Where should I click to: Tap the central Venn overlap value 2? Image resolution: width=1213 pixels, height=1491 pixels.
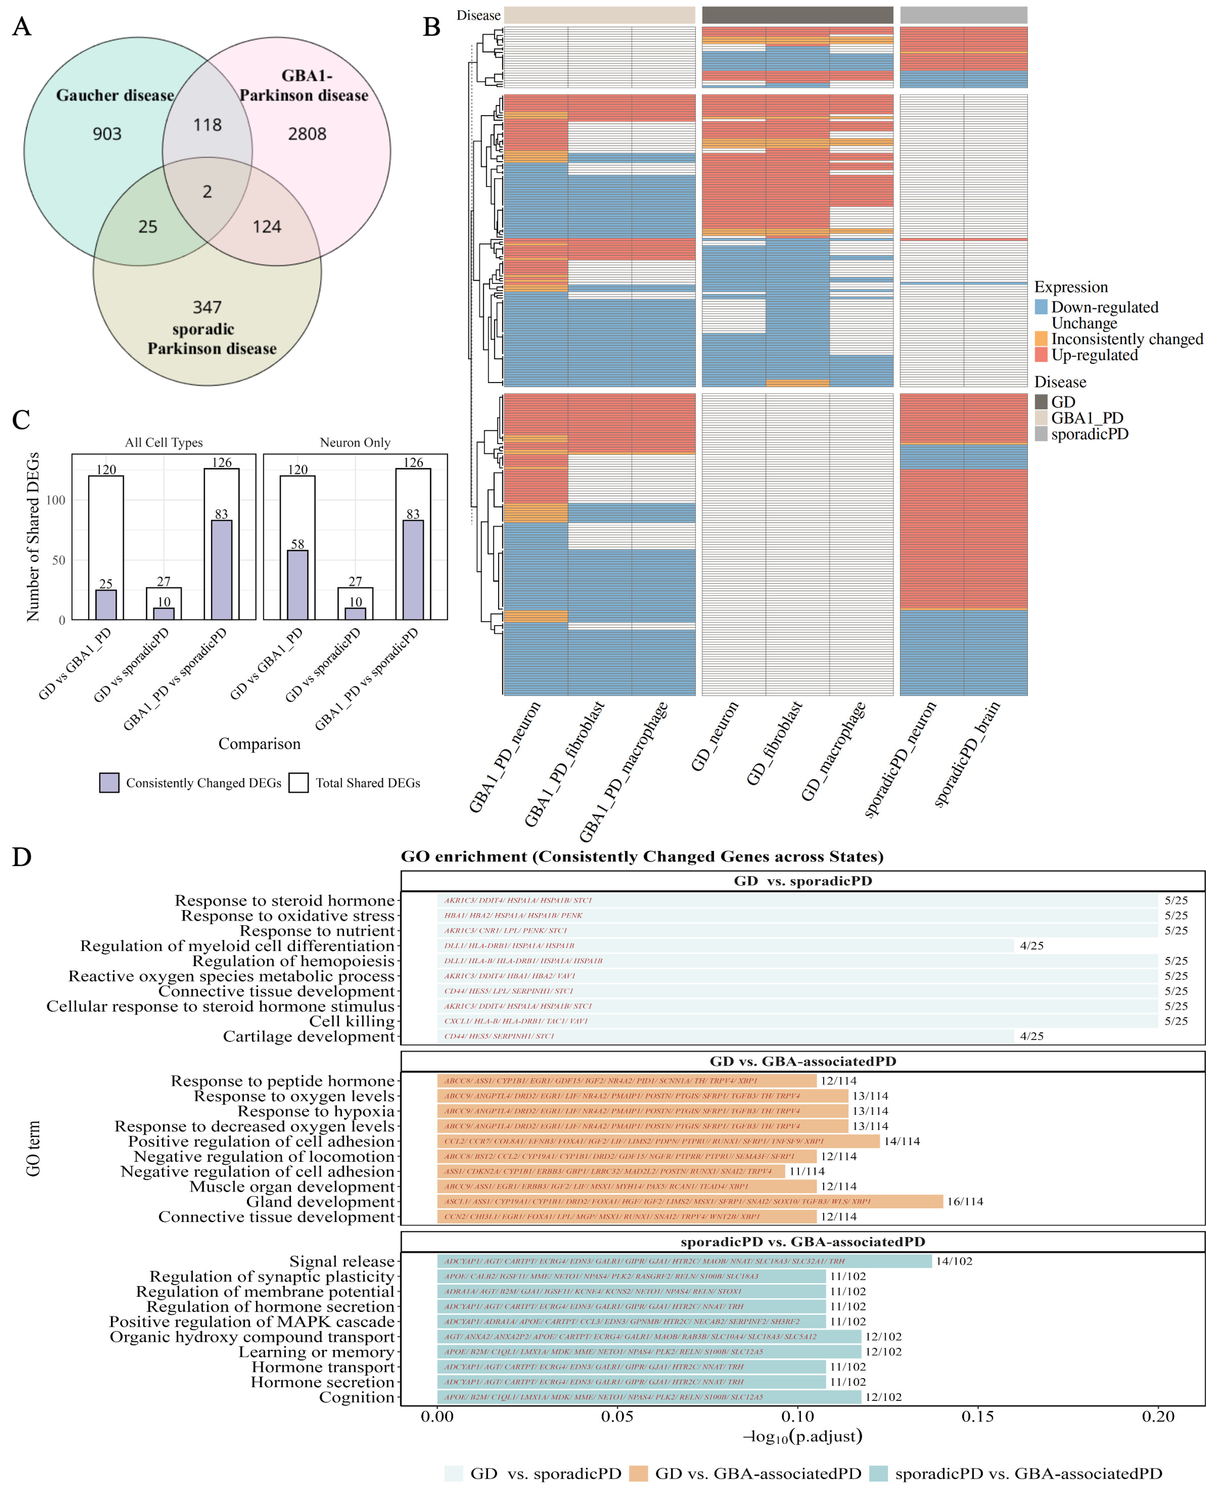(x=207, y=191)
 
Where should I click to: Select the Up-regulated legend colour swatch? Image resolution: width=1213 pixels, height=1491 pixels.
(x=1041, y=355)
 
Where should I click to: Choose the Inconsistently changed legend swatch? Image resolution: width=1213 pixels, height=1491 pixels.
(x=1041, y=339)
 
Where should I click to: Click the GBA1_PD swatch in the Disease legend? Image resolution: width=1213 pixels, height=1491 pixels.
(x=1041, y=418)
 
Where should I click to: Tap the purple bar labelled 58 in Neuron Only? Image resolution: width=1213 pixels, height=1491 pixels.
(x=298, y=585)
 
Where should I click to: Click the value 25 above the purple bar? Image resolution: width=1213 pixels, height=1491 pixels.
(x=105, y=583)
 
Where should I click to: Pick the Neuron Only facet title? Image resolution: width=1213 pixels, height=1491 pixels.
(x=355, y=442)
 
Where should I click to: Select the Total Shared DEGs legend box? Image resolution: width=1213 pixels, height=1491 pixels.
(x=299, y=783)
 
